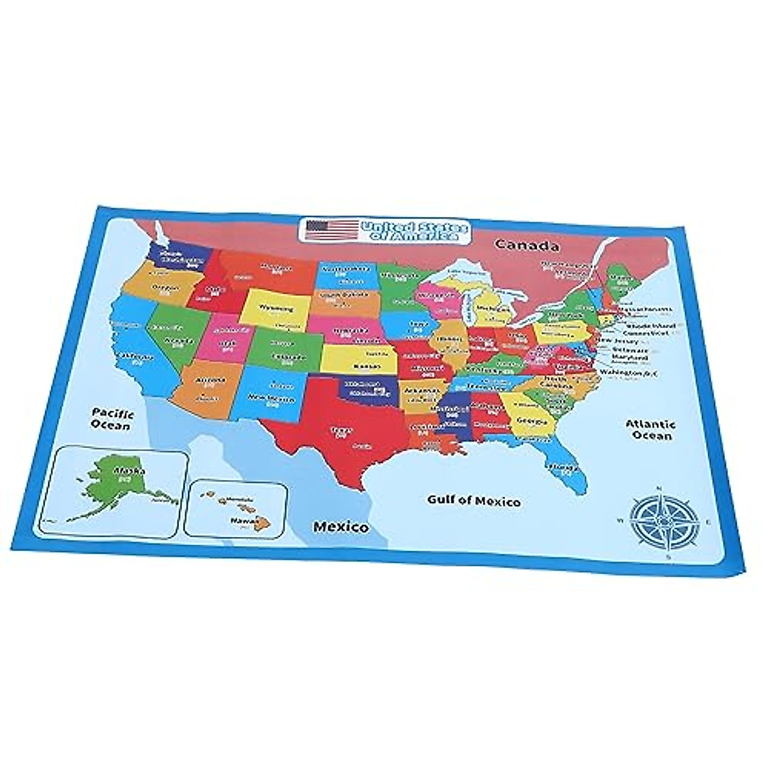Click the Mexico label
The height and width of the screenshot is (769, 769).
[x=340, y=527]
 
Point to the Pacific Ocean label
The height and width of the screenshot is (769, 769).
[x=110, y=418]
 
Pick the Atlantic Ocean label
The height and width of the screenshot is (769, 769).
[x=650, y=429]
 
